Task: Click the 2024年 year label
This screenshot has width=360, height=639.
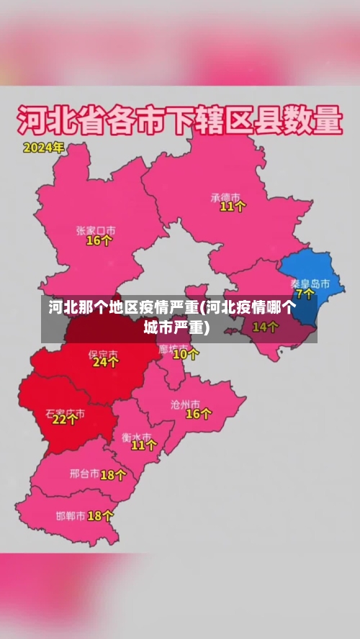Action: pyautogui.click(x=43, y=148)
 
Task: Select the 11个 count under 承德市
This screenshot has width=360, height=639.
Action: pyautogui.click(x=233, y=207)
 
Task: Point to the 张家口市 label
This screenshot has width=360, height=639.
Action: pyautogui.click(x=96, y=230)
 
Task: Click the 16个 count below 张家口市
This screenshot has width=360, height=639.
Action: pyautogui.click(x=99, y=241)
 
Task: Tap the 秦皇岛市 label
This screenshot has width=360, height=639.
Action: pyautogui.click(x=310, y=283)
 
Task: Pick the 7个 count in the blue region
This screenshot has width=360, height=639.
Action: pyautogui.click(x=305, y=294)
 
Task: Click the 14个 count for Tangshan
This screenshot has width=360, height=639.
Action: pyautogui.click(x=265, y=327)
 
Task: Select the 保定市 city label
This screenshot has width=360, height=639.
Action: pyautogui.click(x=102, y=353)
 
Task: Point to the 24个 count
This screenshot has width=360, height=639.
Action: pyautogui.click(x=106, y=363)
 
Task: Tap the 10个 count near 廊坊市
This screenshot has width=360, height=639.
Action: pyautogui.click(x=186, y=353)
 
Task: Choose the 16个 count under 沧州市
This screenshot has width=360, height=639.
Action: pyautogui.click(x=199, y=414)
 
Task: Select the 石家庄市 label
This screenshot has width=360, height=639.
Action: pyautogui.click(x=65, y=414)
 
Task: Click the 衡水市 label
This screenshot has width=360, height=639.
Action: pyautogui.click(x=136, y=436)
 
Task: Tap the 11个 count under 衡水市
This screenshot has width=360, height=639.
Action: pyautogui.click(x=143, y=445)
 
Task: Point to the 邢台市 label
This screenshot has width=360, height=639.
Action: pyautogui.click(x=84, y=474)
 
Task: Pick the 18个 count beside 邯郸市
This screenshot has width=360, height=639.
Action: pyautogui.click(x=100, y=515)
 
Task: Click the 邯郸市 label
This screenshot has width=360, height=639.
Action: pyautogui.click(x=71, y=516)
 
